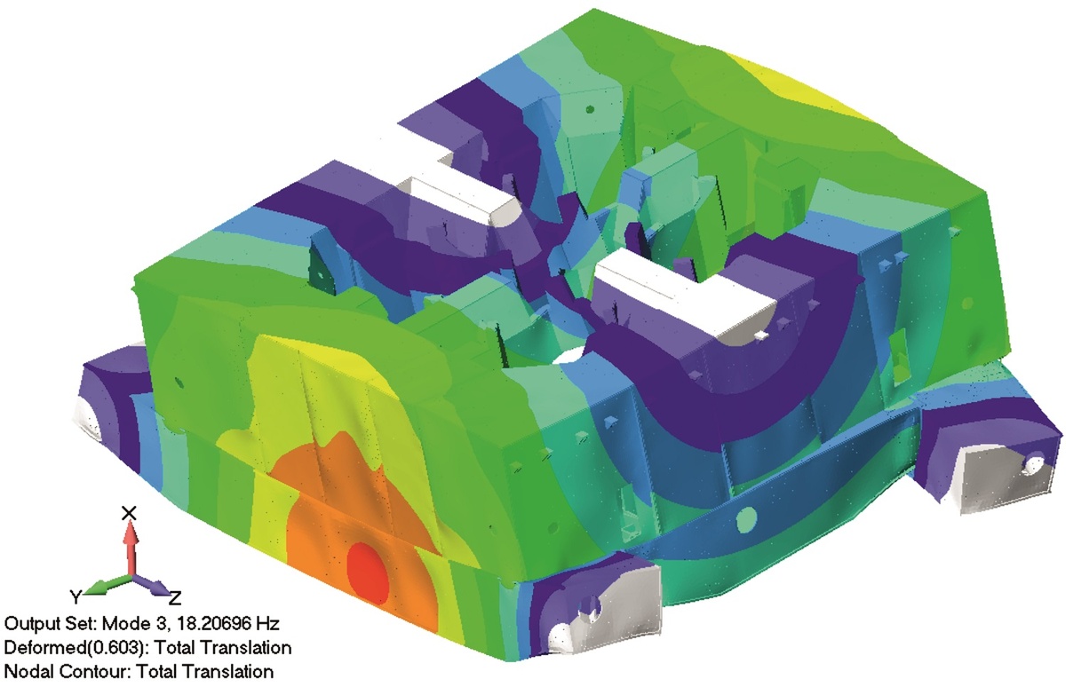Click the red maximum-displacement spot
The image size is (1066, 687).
pyautogui.click(x=368, y=574)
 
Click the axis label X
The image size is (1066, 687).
pyautogui.click(x=129, y=513)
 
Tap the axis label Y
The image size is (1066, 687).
pyautogui.click(x=76, y=596)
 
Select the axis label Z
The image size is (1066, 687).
pyautogui.click(x=175, y=597)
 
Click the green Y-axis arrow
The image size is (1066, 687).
pyautogui.click(x=108, y=585)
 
